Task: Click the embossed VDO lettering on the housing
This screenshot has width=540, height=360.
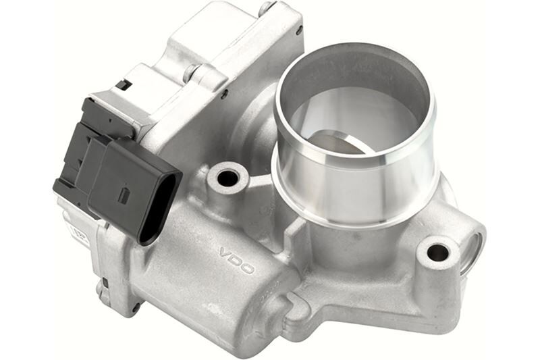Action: (236, 260)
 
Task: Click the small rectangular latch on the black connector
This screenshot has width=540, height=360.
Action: (124, 195)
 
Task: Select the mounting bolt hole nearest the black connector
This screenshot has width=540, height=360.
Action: (227, 178)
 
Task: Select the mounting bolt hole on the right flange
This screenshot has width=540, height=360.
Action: (437, 253)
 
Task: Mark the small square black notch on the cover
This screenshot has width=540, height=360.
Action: (124, 85)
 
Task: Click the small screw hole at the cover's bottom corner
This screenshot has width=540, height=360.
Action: (136, 307)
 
